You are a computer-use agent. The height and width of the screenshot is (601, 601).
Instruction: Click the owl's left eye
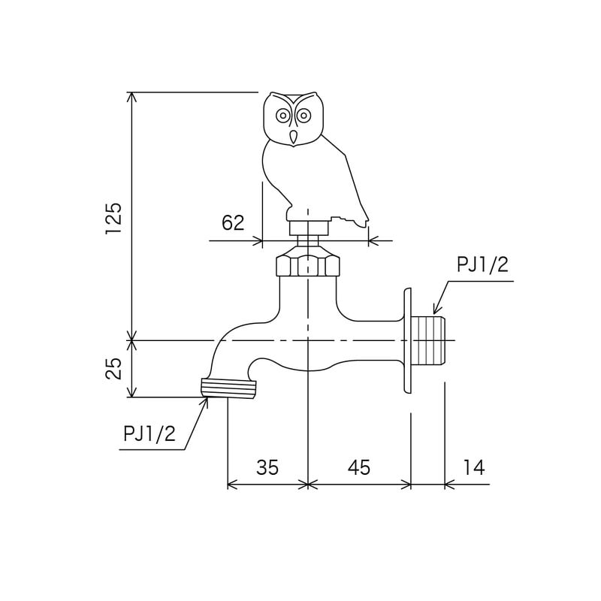click(283, 115)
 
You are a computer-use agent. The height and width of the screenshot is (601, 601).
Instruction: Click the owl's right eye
click(304, 115)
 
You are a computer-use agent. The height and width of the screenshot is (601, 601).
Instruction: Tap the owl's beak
click(294, 137)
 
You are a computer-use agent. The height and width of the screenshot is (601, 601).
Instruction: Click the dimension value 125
click(114, 218)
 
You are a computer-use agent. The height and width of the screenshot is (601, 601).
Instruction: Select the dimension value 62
click(233, 222)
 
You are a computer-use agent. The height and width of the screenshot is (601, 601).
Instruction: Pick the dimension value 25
click(113, 369)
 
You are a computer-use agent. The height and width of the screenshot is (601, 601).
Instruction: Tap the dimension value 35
click(267, 467)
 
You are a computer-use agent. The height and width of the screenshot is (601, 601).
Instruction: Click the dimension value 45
click(359, 467)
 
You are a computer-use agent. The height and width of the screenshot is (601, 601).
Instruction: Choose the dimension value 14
click(474, 467)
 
